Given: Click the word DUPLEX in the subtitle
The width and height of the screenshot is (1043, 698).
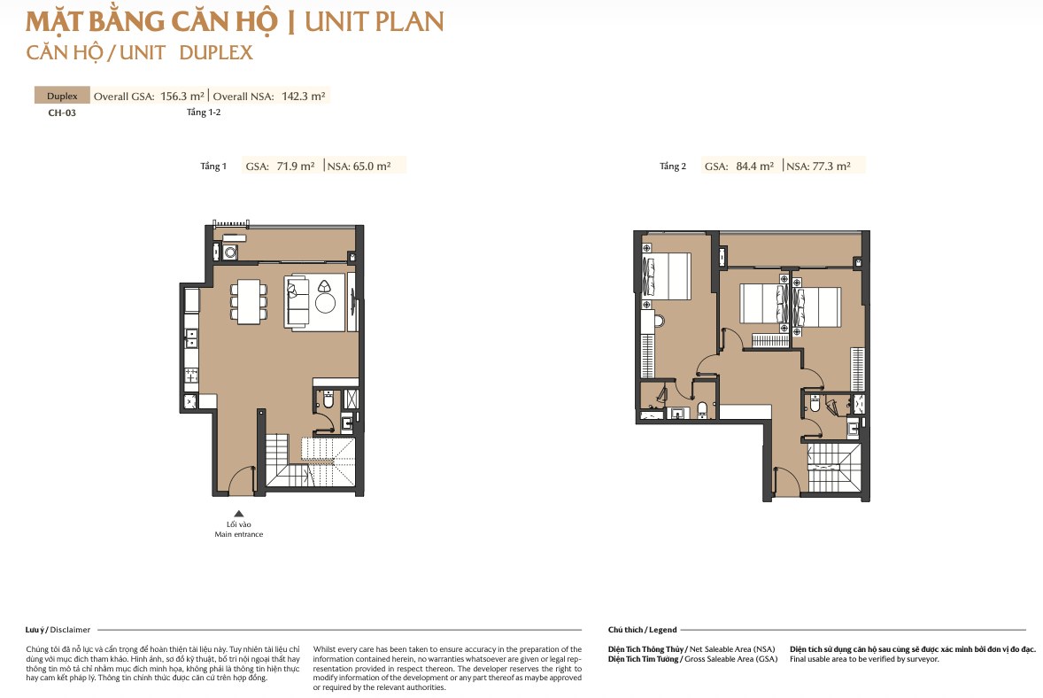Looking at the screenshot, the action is [216, 52].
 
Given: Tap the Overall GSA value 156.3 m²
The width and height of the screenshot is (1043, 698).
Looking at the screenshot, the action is [182, 97].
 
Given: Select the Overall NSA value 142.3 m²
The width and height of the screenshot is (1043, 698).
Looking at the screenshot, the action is [304, 97].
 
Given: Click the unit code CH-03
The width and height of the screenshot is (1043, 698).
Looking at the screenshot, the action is [62, 113].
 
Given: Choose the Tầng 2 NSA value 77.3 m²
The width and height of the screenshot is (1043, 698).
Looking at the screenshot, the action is [831, 167].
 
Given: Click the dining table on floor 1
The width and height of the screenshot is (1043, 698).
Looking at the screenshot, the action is [249, 301].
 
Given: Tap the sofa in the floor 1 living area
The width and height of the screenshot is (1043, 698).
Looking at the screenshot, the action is [297, 302].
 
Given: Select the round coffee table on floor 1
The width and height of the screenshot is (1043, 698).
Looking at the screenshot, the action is [325, 304].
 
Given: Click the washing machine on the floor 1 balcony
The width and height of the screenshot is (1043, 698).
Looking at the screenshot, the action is [230, 252].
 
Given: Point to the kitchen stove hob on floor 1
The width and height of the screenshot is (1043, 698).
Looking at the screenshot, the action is [191, 376].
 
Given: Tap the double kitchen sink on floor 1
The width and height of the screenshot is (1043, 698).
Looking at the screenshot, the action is [191, 338].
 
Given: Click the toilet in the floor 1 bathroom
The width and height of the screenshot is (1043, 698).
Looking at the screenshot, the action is [328, 399].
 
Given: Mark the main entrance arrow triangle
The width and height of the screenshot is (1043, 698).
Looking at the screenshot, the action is [239, 513].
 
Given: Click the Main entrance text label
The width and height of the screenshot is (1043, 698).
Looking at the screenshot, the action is [239, 534].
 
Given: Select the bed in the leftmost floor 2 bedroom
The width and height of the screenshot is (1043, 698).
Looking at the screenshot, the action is [667, 276].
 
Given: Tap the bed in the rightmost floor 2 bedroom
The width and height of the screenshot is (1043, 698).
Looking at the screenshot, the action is [817, 306].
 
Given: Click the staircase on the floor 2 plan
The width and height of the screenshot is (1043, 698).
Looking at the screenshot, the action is [834, 468].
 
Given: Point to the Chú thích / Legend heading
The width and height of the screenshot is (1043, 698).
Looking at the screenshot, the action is [642, 630].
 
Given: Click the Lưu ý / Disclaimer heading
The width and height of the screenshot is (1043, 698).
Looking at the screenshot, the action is [58, 630].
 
